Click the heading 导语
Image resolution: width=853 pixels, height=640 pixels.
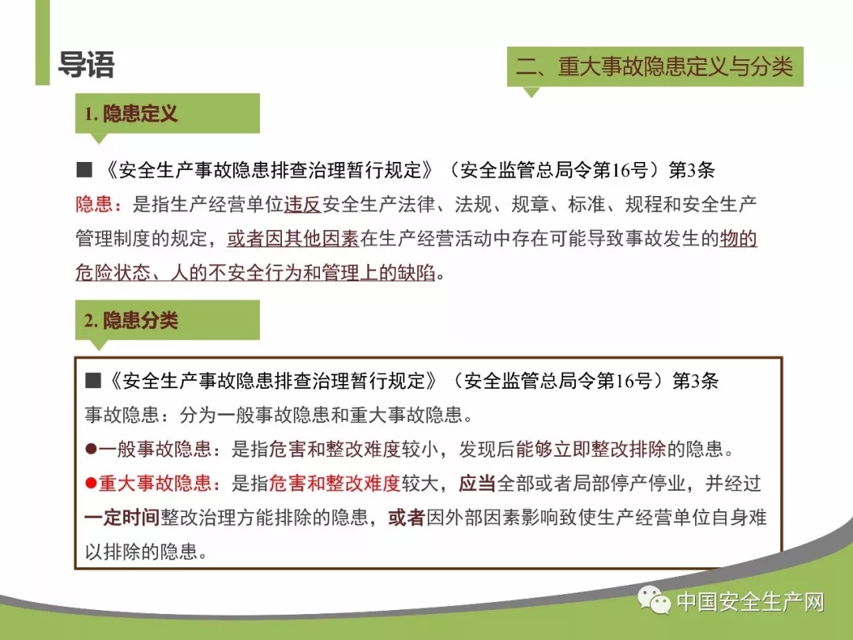coord(86,65)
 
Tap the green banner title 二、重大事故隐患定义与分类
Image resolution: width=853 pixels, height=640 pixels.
coord(655,67)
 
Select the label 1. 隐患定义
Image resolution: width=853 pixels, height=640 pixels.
coord(130,114)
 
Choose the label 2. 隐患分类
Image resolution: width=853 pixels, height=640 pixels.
coord(130,320)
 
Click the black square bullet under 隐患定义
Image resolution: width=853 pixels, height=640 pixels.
coord(85,170)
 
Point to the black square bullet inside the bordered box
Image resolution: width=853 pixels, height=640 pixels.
coord(93,380)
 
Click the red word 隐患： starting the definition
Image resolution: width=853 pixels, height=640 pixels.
coord(99,205)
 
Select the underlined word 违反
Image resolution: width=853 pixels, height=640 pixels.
coord(302,205)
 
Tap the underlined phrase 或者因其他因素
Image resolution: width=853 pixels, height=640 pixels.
coord(293,239)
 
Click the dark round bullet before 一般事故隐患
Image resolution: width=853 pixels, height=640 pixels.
coord(91,449)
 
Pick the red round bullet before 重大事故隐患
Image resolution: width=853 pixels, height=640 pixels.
coord(91,483)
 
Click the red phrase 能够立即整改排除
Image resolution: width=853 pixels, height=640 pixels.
coord(591,449)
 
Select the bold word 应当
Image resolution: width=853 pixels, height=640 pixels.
coord(477,483)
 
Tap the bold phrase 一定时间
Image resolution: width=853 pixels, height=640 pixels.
coord(122,517)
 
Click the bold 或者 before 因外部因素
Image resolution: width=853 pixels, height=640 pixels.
coord(407,517)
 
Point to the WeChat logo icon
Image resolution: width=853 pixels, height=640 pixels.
coord(654,600)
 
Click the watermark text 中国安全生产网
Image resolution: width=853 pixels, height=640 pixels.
coord(750,602)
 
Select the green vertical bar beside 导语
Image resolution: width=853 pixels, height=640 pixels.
coord(43,43)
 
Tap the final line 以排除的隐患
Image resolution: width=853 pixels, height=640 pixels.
coord(146,552)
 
